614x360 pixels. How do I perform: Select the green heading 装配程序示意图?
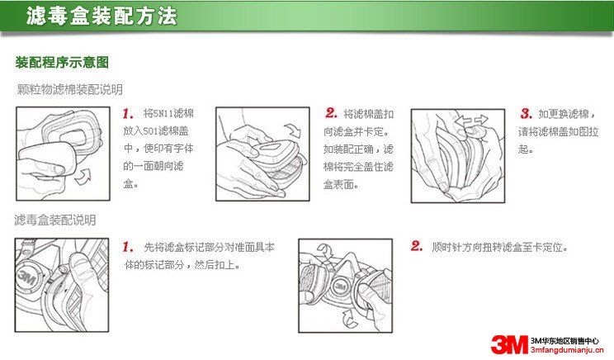point(63,63)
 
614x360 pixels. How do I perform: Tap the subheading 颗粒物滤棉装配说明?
point(69,88)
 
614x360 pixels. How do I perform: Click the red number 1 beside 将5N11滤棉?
point(128,113)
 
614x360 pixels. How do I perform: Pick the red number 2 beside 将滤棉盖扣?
point(330,113)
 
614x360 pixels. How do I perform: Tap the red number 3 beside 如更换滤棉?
point(525,113)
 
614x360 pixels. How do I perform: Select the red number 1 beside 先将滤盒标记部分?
point(128,246)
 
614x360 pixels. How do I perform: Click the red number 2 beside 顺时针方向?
point(417,246)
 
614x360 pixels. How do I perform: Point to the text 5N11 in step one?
point(165,114)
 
